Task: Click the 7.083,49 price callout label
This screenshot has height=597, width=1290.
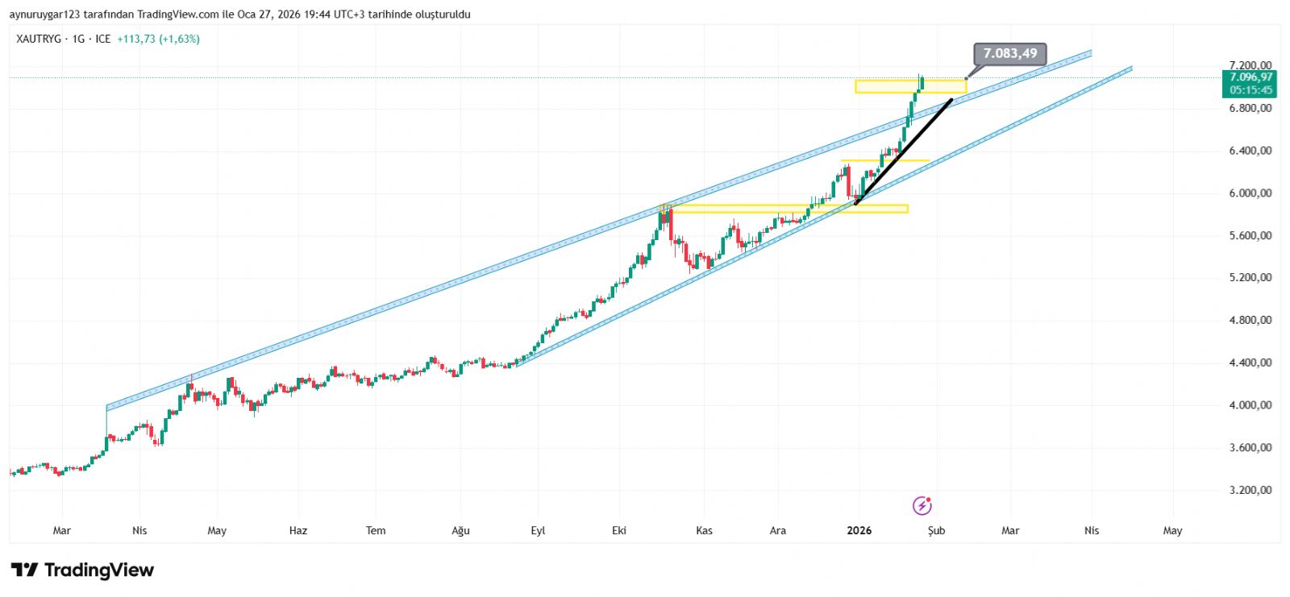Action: tap(1009, 54)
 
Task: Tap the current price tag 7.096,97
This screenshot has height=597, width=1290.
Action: tap(1250, 77)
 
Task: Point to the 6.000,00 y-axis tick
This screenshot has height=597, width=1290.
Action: tap(1250, 193)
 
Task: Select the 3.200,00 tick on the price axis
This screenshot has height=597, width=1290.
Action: tap(1250, 490)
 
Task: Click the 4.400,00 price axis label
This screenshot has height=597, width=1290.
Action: tap(1250, 363)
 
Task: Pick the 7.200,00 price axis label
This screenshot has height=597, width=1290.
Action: tap(1250, 65)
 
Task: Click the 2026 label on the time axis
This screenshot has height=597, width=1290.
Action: tap(859, 530)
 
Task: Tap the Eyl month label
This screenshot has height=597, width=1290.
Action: tap(538, 530)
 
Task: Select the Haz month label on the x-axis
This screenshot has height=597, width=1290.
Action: tap(298, 530)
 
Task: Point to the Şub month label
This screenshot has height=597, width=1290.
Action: tap(936, 530)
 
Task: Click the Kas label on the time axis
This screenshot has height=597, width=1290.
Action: tap(704, 530)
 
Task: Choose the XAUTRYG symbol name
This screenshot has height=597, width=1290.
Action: tap(39, 39)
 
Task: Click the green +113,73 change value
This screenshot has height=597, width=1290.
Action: tap(136, 39)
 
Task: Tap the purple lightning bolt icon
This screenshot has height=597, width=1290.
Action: tap(922, 506)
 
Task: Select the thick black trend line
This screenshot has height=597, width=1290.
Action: tap(903, 151)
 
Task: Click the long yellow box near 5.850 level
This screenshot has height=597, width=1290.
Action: tap(786, 209)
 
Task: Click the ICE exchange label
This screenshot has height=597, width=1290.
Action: tap(103, 39)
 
